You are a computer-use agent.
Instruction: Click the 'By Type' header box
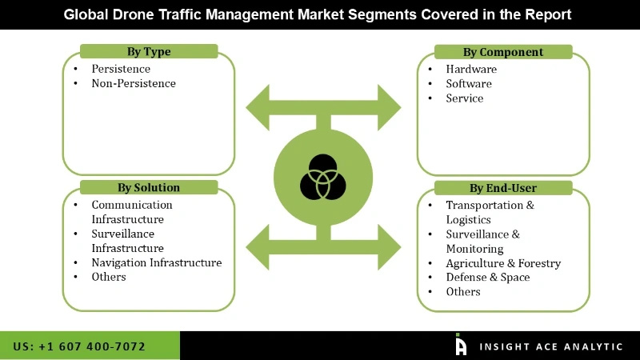point(148,52)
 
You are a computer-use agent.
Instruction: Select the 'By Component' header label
point(502,52)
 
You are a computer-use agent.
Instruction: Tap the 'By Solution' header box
point(148,187)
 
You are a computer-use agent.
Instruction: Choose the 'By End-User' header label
point(502,188)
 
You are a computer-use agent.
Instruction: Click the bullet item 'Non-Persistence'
point(133,83)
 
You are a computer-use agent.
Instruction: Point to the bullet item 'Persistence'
point(120,69)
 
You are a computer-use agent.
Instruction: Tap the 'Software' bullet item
point(469,83)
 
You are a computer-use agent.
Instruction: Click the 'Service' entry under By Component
point(465,98)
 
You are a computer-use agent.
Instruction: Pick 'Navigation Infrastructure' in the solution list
point(156,262)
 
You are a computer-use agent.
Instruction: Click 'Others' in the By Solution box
point(109,277)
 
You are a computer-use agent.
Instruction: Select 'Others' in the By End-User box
point(463,291)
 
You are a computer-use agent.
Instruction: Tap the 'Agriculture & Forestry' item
point(503,262)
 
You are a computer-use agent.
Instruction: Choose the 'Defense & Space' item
point(487,277)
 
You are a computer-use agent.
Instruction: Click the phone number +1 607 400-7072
point(79,346)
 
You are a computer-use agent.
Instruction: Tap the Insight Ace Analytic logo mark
point(461,345)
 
